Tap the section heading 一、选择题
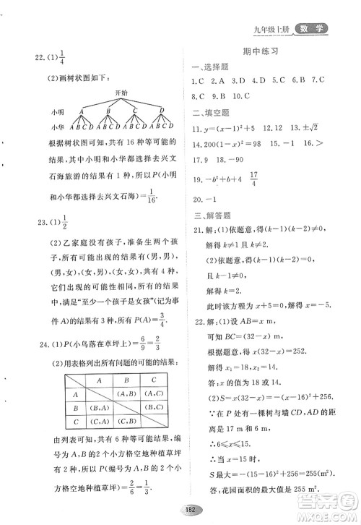click(x=209, y=67)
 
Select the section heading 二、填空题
click(x=209, y=111)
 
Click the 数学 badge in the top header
click(x=310, y=29)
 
